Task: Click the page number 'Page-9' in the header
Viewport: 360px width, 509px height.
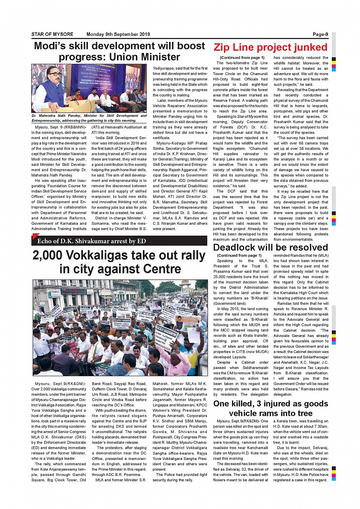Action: coord(320,34)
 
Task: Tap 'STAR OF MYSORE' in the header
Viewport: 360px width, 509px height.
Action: coord(52,34)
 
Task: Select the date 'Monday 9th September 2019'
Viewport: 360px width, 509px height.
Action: coord(118,34)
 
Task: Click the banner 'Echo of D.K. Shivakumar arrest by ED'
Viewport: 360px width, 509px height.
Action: coord(91,241)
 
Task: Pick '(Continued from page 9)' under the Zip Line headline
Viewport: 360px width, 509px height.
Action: coord(242,57)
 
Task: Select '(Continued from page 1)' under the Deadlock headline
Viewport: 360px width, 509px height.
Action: coord(239,255)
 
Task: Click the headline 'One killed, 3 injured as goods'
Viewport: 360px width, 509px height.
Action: coord(270,404)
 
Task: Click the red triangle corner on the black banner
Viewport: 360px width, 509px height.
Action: coord(35,237)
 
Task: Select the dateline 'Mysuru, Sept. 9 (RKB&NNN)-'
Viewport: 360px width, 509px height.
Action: coord(61,127)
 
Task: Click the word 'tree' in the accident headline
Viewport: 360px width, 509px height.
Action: coord(304,413)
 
